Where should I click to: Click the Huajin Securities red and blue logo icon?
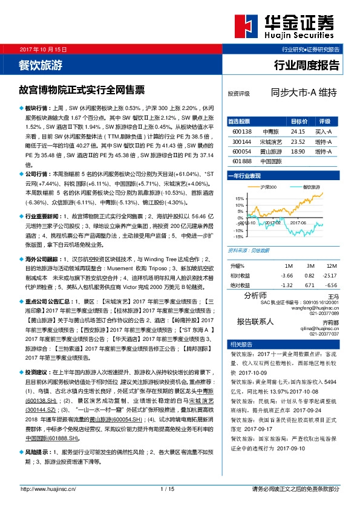click(244, 25)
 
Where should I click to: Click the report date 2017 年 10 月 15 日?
click(43, 48)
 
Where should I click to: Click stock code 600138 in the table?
click(242, 131)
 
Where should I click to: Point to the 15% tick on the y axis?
click(240, 198)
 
